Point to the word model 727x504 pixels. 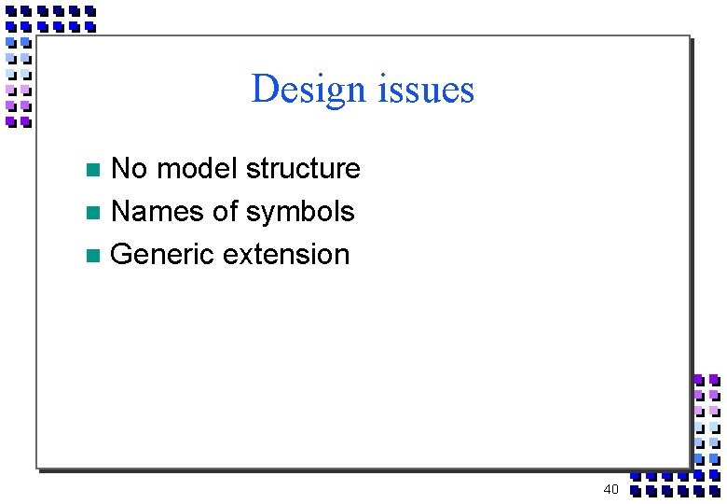[197, 169]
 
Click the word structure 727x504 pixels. [303, 169]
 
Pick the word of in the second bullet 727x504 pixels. [226, 212]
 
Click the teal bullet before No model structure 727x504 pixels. [92, 171]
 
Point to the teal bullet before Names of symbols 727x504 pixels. [92, 214]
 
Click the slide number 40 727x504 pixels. [610, 489]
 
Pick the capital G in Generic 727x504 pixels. [121, 255]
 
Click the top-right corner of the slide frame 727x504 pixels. [690, 36]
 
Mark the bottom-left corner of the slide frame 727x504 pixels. [36, 467]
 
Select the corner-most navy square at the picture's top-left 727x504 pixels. [11, 12]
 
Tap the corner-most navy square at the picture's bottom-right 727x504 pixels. [714, 490]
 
